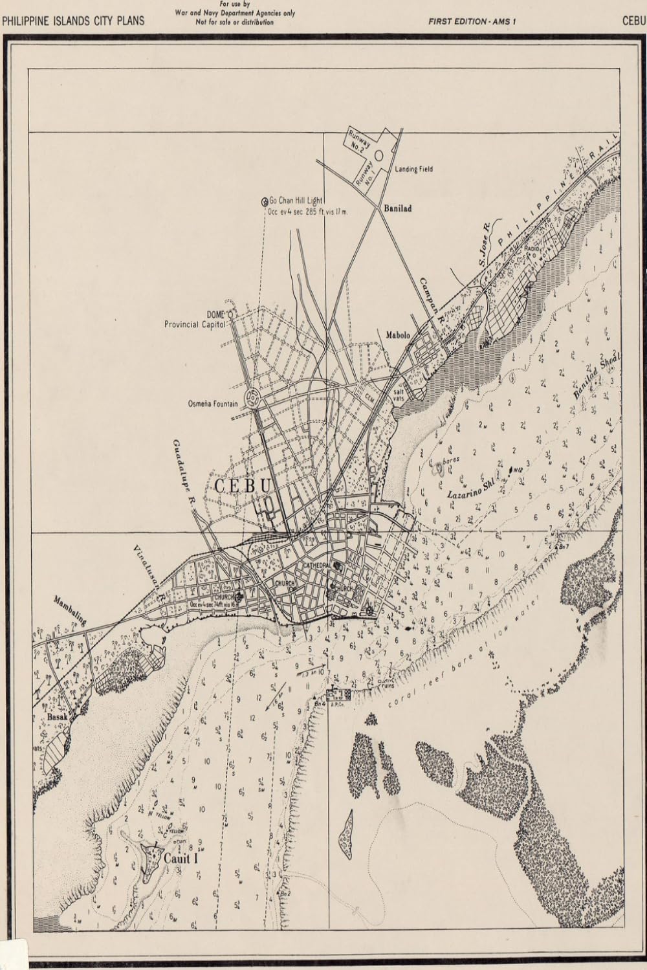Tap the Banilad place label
click(x=397, y=209)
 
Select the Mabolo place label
click(x=399, y=335)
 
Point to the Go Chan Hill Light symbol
click(x=264, y=202)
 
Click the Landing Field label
click(x=413, y=169)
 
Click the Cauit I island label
click(x=180, y=859)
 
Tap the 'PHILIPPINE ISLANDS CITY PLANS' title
click(x=73, y=21)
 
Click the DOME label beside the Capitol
click(x=215, y=314)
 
